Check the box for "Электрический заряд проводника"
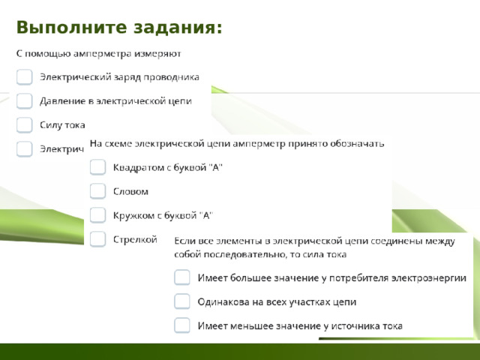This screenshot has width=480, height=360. tap(25, 76)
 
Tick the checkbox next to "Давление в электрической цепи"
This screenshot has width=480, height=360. tap(25, 100)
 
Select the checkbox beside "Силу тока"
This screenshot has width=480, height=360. tap(25, 124)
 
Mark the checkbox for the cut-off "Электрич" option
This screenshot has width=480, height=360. tap(25, 148)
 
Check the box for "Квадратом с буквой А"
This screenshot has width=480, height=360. tap(97, 167)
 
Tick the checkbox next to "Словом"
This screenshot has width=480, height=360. tap(97, 191)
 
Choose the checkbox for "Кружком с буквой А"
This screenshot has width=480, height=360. tap(97, 215)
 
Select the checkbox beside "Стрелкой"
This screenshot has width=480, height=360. tap(97, 239)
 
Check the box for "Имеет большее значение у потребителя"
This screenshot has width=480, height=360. tap(181, 278)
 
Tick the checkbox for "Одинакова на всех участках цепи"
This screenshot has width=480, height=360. tap(181, 301)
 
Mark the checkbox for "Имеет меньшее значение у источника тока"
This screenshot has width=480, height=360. tap(181, 325)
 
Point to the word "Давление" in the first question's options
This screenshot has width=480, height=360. tap(61, 100)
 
